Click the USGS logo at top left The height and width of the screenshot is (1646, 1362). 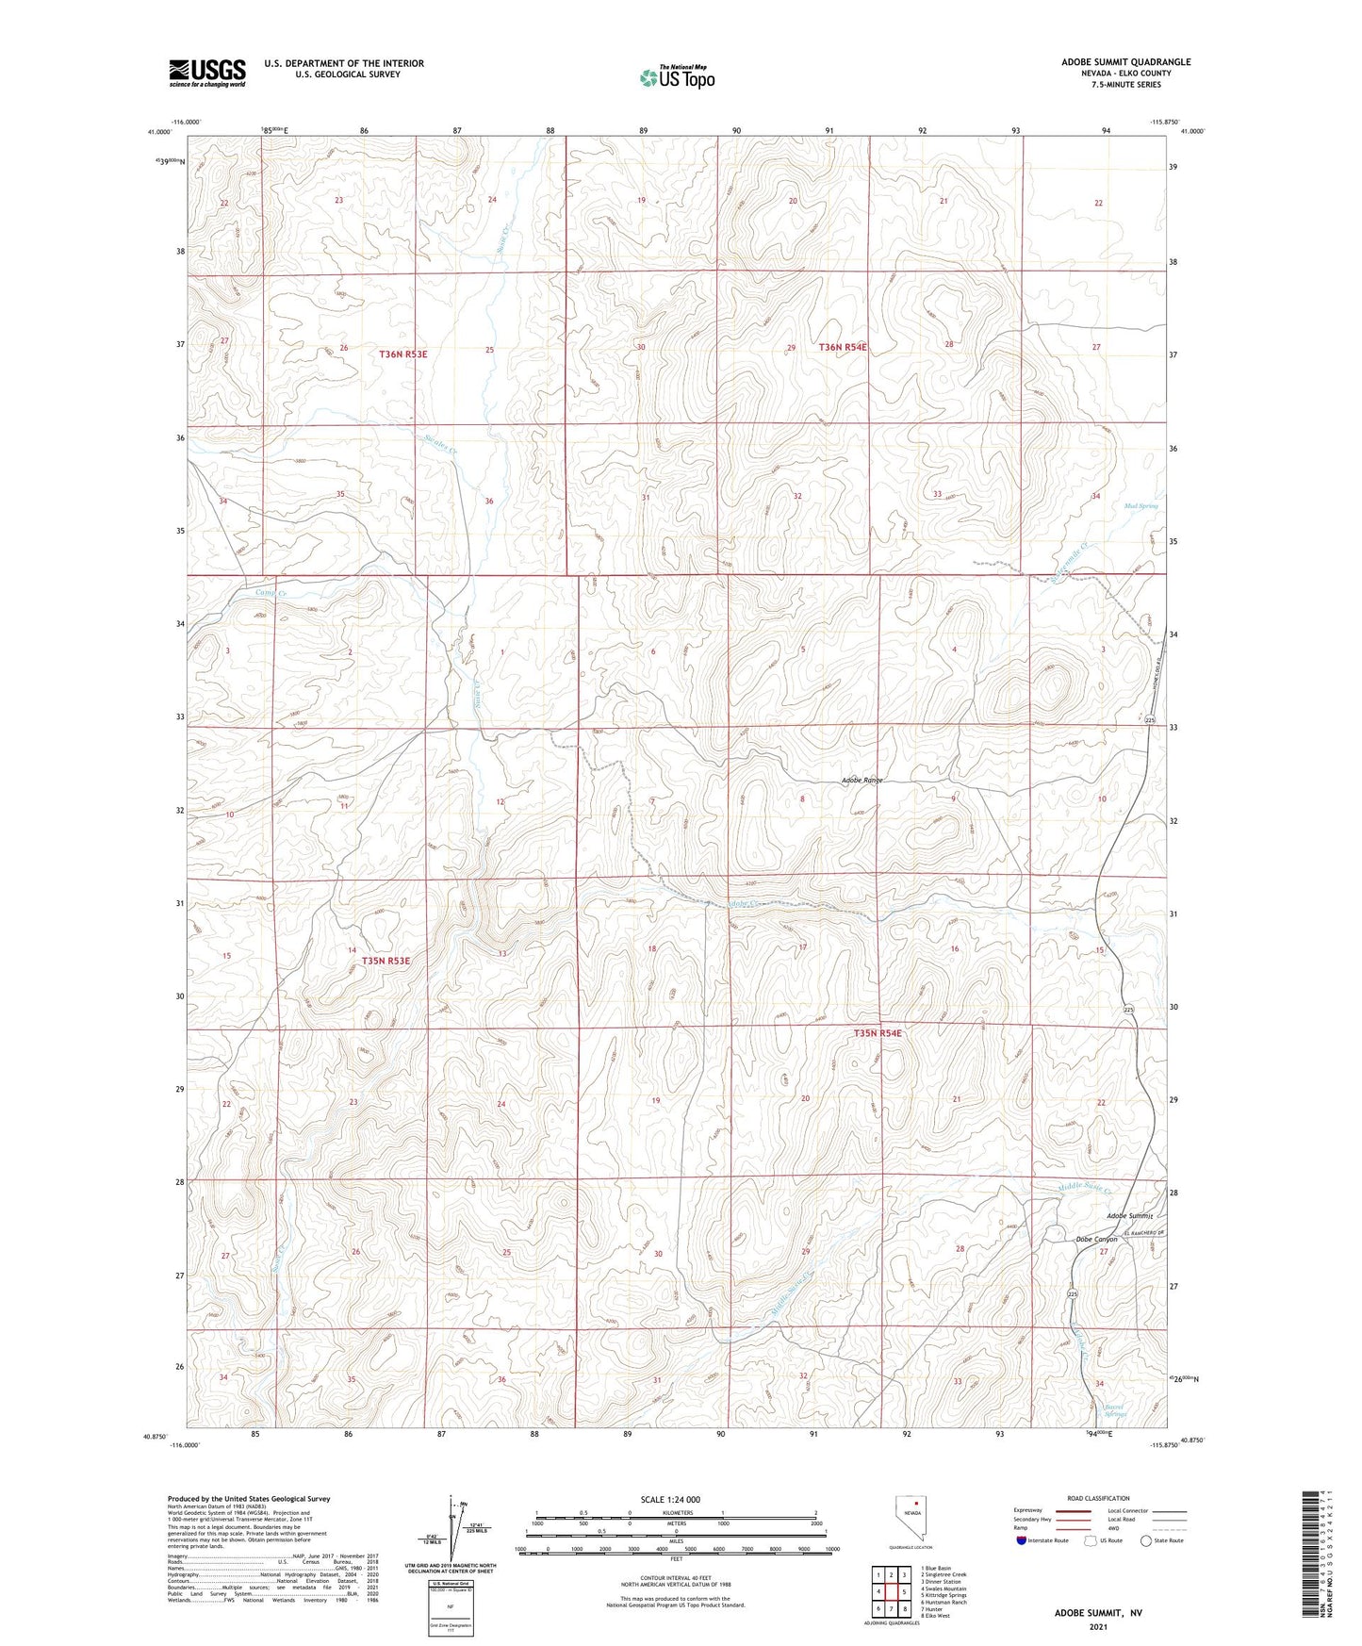(x=206, y=72)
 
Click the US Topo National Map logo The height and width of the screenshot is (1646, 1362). (x=677, y=77)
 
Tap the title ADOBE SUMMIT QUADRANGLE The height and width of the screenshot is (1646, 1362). (x=1125, y=62)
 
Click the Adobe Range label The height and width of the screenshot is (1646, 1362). (x=862, y=781)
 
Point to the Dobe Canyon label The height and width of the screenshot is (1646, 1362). (x=1096, y=1240)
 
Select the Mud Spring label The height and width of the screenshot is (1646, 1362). (x=1140, y=506)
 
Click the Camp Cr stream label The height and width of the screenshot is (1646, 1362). (x=271, y=593)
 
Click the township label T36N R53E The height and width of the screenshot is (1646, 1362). (x=403, y=354)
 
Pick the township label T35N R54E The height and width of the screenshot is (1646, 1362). (x=878, y=1033)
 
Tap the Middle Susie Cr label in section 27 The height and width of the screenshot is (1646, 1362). (x=1084, y=1188)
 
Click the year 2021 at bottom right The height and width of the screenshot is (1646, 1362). (x=1097, y=1626)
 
